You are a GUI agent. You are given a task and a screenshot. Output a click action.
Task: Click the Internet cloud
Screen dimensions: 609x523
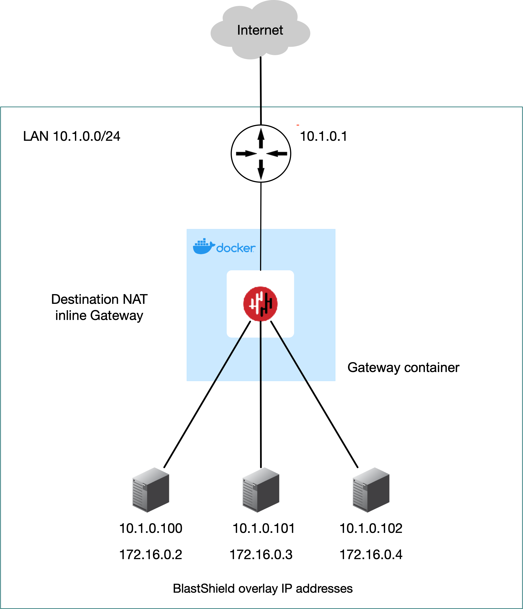[260, 31]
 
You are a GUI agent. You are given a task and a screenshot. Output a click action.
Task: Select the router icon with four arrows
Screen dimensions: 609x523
[261, 153]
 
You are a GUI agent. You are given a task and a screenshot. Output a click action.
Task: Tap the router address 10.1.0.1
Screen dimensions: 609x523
[323, 137]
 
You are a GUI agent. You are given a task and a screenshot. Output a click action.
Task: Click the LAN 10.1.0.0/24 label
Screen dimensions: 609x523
[72, 137]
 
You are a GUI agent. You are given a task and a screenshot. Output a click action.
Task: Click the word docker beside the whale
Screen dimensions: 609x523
[236, 248]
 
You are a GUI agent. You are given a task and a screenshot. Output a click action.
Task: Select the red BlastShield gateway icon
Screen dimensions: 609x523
[261, 304]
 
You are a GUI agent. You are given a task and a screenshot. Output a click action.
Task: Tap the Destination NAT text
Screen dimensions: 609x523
[99, 299]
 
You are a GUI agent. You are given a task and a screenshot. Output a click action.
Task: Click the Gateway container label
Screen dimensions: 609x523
[403, 368]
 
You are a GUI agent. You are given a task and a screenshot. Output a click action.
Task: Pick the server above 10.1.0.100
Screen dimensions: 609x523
[151, 490]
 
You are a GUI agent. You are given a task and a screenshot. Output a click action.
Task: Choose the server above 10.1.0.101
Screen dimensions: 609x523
[261, 490]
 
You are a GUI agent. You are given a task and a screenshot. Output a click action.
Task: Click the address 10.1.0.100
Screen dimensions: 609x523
[151, 528]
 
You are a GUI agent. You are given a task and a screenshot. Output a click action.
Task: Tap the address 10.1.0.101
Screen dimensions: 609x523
[263, 528]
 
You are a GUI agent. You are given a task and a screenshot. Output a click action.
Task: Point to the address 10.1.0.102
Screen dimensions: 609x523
[371, 528]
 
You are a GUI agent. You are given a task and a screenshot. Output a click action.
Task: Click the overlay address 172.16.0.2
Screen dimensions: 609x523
[151, 555]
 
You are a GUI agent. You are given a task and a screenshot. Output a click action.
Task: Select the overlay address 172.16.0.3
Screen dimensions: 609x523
[261, 555]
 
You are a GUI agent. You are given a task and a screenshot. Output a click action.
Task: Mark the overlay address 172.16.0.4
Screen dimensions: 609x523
[371, 555]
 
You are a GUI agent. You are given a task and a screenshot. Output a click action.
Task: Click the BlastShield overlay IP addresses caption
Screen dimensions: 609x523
[262, 589]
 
